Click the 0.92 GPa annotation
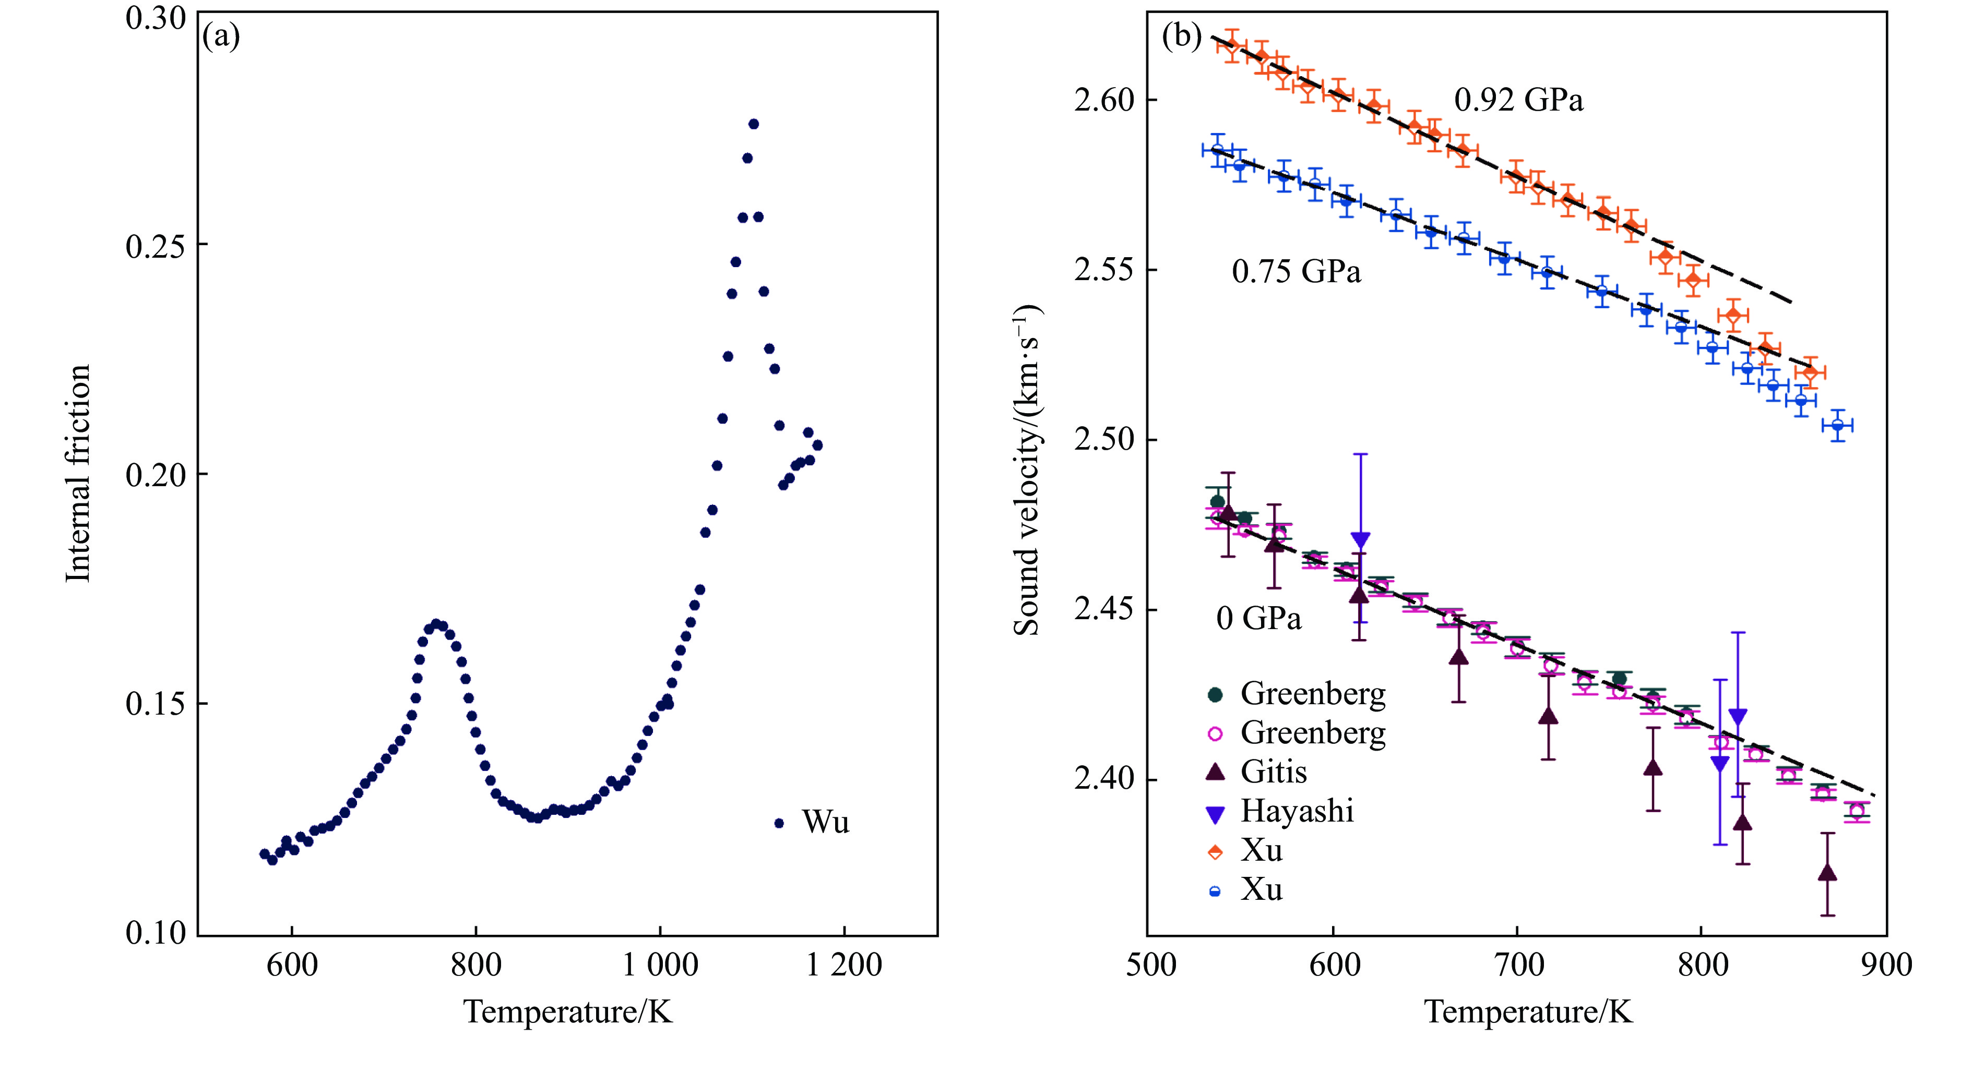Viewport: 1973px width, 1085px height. coord(1518,100)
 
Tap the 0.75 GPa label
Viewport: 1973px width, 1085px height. coord(1296,272)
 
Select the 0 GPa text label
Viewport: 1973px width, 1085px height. coord(1258,619)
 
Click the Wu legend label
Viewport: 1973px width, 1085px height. coord(825,823)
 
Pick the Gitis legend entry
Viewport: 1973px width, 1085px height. coord(1273,772)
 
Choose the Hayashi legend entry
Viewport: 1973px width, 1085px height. coord(1297,811)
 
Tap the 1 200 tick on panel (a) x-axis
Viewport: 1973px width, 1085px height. coord(844,966)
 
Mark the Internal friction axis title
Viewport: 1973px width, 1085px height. coord(78,473)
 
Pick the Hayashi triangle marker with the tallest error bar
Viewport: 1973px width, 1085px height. coord(1360,539)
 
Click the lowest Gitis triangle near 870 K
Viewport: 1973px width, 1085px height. coord(1827,874)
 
